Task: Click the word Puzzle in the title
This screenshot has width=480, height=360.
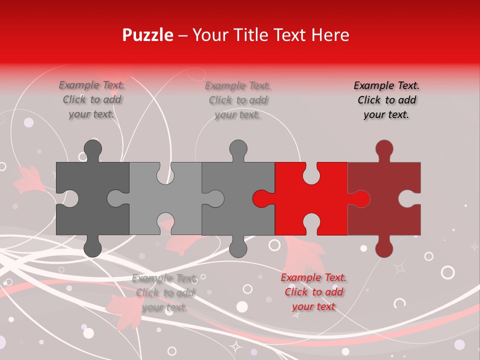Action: pos(148,35)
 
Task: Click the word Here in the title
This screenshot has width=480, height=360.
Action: pos(330,35)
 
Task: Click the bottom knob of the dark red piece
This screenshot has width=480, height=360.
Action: pos(384,248)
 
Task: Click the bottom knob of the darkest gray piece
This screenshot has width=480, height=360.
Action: pos(92,248)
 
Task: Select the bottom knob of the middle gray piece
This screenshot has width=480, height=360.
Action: pos(238,248)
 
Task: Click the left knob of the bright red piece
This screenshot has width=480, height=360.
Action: pos(261,198)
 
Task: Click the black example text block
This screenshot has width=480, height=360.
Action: pos(386,100)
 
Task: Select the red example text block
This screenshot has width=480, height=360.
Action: pos(313,292)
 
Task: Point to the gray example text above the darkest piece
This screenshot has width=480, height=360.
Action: pos(92,99)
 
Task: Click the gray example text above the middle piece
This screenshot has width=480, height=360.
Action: pos(237,100)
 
